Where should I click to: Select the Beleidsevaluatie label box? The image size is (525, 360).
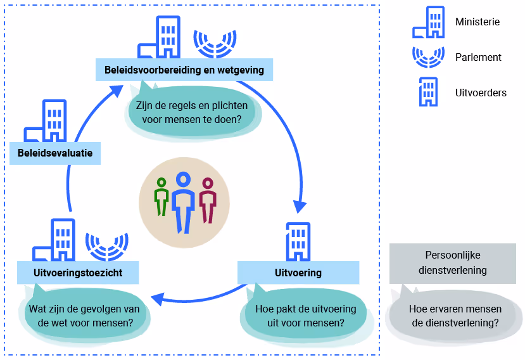55,153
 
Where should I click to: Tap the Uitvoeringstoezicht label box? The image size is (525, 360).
78,273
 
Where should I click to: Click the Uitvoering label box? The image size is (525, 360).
298,273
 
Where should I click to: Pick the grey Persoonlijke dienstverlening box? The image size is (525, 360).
452,262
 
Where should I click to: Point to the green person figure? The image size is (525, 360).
162,196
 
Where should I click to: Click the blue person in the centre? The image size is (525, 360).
184,200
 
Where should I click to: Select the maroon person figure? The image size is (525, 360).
207,200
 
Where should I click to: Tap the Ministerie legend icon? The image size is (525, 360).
429,23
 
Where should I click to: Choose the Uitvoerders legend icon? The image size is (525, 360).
428,92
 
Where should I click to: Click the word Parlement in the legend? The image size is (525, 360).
478,57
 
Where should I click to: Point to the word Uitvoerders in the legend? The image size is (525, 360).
481,93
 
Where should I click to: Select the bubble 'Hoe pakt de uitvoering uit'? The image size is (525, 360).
305,316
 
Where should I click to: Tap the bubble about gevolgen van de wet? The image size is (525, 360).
85,316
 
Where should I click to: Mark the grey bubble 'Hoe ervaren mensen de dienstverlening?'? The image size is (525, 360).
455,316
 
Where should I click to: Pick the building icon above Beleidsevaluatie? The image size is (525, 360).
48,121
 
